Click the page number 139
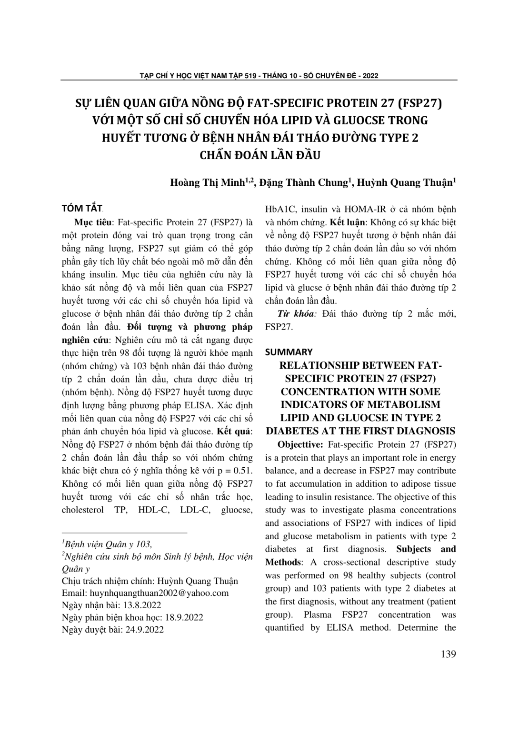(x=448, y=654)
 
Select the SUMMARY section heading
(x=289, y=352)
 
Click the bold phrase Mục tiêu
(x=93, y=222)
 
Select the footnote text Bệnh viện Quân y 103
(x=108, y=544)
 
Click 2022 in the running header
(x=370, y=75)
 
